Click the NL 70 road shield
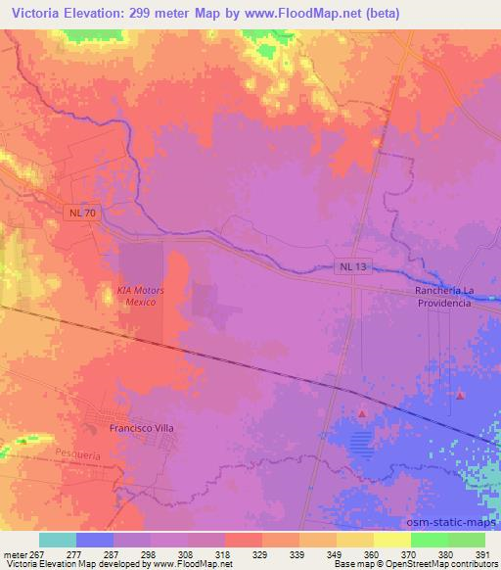click(81, 213)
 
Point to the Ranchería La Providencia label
click(443, 298)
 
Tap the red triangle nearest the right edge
click(461, 395)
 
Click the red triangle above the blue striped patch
click(362, 414)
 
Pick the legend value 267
click(34, 553)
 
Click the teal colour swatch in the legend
click(58, 540)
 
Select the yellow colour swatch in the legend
click(392, 540)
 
